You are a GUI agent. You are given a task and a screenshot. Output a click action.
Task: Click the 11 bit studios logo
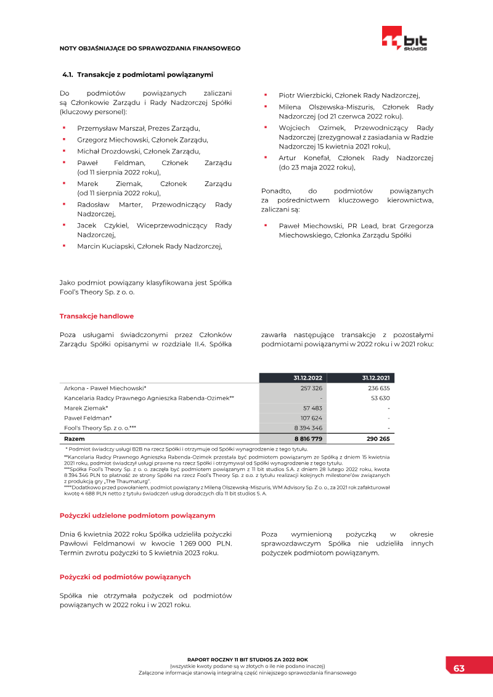click(404, 38)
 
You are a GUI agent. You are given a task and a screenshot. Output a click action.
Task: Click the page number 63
click(459, 669)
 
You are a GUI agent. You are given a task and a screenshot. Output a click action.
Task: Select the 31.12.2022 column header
click(308, 378)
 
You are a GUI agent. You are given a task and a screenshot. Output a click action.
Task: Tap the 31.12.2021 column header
click(375, 378)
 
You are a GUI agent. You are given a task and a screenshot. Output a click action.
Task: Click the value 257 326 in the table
click(311, 388)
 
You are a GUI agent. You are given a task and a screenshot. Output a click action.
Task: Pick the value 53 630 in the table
click(380, 398)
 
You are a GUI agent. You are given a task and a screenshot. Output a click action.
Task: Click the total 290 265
click(377, 439)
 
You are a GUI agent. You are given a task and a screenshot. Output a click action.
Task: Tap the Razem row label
click(75, 439)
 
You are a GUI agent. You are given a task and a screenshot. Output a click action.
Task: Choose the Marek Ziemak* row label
click(86, 408)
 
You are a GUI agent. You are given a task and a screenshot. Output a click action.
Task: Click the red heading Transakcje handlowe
click(96, 316)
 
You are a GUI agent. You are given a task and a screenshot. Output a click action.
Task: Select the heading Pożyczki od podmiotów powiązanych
click(125, 577)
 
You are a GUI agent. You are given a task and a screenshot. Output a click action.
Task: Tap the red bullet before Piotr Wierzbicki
click(265, 95)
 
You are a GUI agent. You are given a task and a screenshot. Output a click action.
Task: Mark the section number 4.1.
click(68, 75)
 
